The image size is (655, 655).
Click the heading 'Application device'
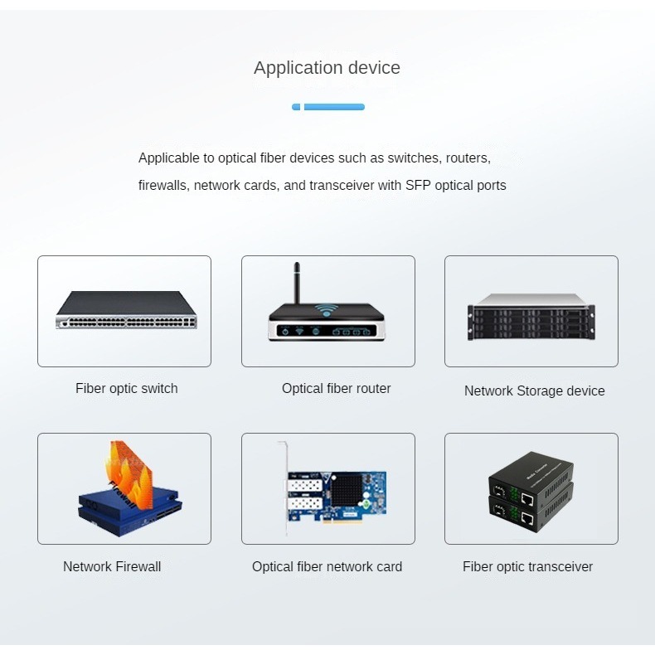[x=327, y=68]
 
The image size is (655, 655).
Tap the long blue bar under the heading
[x=334, y=107]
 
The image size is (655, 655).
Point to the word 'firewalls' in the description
[x=163, y=185]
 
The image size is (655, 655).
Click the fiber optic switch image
[x=126, y=310]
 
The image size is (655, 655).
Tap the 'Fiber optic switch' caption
[x=126, y=388]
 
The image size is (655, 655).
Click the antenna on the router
[x=296, y=282]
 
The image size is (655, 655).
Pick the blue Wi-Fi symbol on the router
[x=327, y=312]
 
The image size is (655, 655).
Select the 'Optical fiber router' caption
[x=336, y=388]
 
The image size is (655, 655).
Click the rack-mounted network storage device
[x=531, y=317]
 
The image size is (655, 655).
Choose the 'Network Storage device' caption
[x=534, y=391]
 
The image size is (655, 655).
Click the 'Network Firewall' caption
[x=112, y=567]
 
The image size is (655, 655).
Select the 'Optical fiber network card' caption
[x=327, y=567]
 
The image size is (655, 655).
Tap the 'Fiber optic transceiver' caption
[x=527, y=567]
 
